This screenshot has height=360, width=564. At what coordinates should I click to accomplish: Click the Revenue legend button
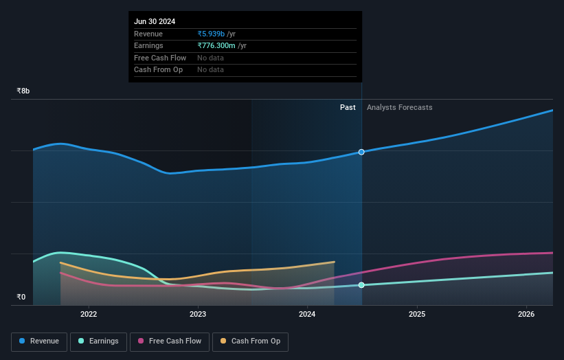pyautogui.click(x=39, y=341)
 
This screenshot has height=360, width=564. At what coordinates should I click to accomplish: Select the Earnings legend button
pyautogui.click(x=98, y=341)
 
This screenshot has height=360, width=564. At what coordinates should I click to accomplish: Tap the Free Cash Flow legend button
pyautogui.click(x=170, y=341)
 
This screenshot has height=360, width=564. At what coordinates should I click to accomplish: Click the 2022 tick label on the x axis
pyautogui.click(x=89, y=315)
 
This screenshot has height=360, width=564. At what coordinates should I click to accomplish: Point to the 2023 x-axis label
pyautogui.click(x=198, y=315)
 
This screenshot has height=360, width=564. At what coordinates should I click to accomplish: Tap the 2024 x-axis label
pyautogui.click(x=307, y=315)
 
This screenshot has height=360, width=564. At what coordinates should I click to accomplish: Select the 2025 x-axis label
pyautogui.click(x=416, y=315)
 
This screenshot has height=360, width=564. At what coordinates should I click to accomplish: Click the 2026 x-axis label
pyautogui.click(x=526, y=315)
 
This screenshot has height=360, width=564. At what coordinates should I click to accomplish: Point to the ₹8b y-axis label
pyautogui.click(x=23, y=91)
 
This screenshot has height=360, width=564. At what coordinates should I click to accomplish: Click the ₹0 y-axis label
pyautogui.click(x=21, y=297)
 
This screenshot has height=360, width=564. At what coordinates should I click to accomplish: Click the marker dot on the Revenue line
pyautogui.click(x=361, y=152)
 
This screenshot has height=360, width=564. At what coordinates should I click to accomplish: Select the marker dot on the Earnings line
pyautogui.click(x=361, y=284)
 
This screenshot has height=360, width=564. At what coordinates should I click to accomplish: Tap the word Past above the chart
pyautogui.click(x=348, y=107)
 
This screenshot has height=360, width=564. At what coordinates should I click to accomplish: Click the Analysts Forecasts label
pyautogui.click(x=400, y=107)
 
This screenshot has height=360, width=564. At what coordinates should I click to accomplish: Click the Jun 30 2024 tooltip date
pyautogui.click(x=155, y=21)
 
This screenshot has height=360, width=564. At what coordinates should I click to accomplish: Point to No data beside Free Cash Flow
pyautogui.click(x=210, y=58)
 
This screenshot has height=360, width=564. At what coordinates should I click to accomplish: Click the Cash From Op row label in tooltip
pyautogui.click(x=158, y=69)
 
